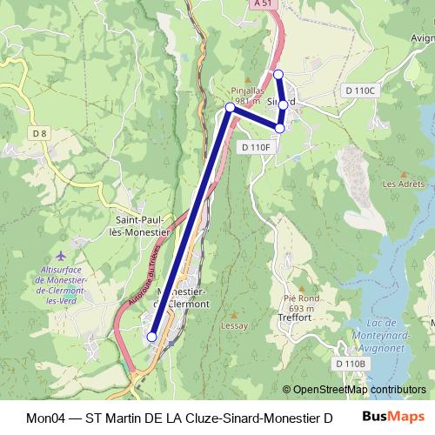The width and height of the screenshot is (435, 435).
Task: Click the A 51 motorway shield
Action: click(x=263, y=4)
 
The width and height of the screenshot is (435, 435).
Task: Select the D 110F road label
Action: click(x=258, y=148)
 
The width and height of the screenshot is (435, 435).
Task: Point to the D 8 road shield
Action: click(x=39, y=133)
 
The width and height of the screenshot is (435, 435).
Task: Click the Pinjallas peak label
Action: click(x=247, y=90)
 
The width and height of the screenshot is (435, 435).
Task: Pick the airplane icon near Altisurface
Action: click(x=60, y=256)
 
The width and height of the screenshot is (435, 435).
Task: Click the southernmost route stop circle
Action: click(x=151, y=336)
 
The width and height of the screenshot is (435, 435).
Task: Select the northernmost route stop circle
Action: click(x=278, y=74)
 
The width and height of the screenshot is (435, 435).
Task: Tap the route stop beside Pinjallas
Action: click(x=230, y=107)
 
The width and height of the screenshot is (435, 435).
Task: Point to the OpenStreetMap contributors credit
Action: click(x=354, y=389)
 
